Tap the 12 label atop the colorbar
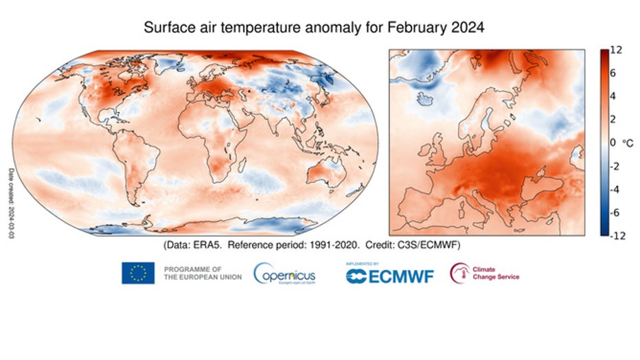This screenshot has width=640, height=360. [x=617, y=51]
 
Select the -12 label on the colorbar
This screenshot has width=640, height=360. [x=617, y=236]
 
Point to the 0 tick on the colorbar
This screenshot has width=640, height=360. [x=613, y=143]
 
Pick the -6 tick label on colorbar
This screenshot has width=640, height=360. [x=616, y=212]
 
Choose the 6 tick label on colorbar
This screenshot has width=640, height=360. [x=614, y=74]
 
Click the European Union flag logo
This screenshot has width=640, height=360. [x=138, y=273]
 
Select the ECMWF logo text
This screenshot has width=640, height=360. [x=389, y=275]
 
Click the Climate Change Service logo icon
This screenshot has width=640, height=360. [x=459, y=273]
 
